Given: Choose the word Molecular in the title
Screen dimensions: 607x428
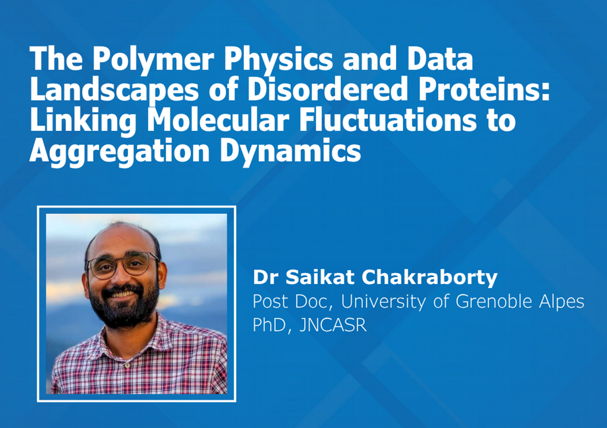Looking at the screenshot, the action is pyautogui.click(x=218, y=120).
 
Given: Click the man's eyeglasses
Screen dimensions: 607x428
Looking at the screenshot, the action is pyautogui.click(x=123, y=265).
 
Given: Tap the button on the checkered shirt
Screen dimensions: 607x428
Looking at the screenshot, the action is pyautogui.click(x=127, y=366).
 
